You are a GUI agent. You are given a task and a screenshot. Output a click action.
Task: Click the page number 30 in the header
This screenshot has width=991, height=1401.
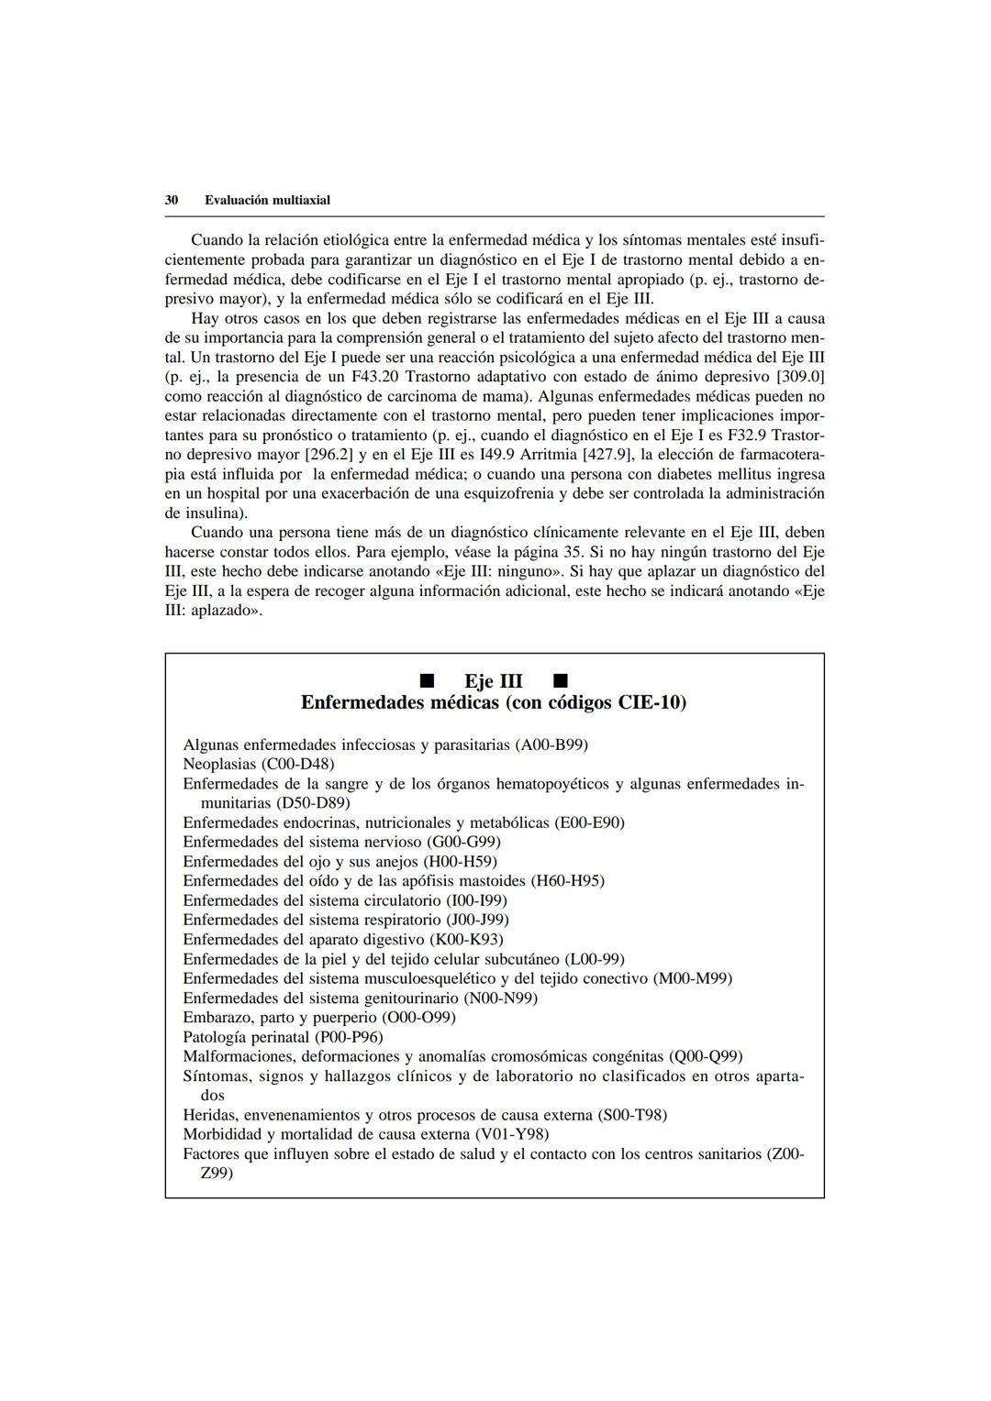171,200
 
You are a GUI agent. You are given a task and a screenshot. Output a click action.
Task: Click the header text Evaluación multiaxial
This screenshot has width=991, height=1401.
267,200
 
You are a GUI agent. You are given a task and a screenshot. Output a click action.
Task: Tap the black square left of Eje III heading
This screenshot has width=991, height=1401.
425,681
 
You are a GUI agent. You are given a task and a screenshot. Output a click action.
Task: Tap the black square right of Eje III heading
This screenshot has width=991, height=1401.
561,681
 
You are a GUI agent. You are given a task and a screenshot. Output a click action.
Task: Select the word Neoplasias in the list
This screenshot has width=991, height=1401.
220,764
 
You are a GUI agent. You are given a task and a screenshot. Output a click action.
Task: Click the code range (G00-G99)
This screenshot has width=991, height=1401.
463,842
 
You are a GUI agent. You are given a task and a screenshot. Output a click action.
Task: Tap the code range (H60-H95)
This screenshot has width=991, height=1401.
567,881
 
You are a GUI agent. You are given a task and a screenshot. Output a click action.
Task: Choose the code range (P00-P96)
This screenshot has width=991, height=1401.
348,1037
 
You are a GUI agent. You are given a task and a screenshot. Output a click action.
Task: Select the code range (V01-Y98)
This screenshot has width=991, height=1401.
512,1134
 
